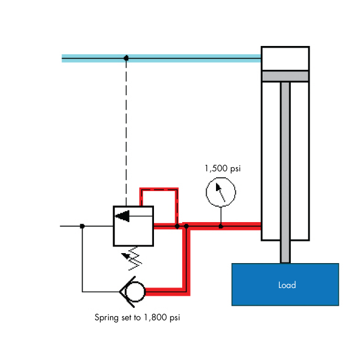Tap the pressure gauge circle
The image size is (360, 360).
220,191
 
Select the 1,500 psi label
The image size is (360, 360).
223,168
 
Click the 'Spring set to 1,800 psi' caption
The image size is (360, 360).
137,318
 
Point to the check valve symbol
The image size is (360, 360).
133,291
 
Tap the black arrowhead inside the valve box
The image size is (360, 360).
123,215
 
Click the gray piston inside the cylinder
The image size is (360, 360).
285,76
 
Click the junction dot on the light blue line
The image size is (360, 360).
126,58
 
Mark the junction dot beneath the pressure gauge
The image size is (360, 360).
220,226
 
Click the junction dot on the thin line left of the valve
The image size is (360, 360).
82,226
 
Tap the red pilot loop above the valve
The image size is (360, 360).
160,189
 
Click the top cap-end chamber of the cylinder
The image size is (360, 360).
285,58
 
